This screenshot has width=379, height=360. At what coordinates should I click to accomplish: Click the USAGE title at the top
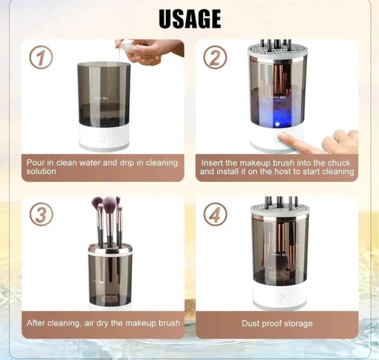(189, 19)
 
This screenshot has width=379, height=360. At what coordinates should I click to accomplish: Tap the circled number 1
(41, 57)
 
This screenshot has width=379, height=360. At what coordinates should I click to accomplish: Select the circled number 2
(215, 57)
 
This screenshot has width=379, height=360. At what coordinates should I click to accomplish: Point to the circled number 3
(41, 214)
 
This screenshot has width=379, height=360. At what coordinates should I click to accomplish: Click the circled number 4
(215, 214)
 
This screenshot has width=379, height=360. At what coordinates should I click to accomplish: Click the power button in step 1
(102, 138)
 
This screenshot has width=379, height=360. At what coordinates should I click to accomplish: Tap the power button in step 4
(280, 296)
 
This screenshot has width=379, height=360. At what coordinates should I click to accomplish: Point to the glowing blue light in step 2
(277, 124)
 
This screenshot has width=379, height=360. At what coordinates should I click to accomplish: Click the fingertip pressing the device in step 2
(282, 136)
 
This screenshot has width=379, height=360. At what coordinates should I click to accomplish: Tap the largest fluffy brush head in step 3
(110, 204)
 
